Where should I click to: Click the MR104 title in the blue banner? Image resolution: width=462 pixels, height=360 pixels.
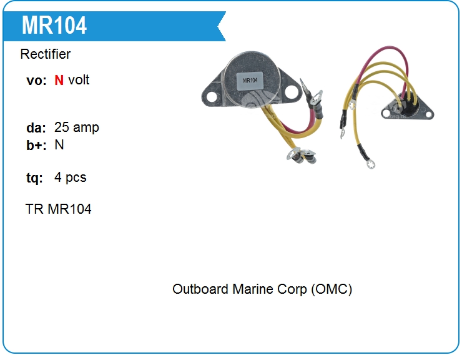click(54, 25)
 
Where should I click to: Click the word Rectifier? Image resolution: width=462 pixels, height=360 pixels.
click(46, 54)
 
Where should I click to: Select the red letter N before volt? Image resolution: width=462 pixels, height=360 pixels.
click(59, 80)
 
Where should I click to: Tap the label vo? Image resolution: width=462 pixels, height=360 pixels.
click(36, 81)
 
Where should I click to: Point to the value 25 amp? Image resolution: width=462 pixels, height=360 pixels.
click(77, 127)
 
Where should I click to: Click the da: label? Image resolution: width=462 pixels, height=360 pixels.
click(36, 128)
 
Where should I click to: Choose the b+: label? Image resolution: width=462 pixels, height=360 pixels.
click(36, 146)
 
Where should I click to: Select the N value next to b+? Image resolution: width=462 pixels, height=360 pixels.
click(59, 145)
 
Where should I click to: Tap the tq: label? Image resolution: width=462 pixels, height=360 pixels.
click(34, 178)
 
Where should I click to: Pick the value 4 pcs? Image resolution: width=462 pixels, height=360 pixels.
click(71, 177)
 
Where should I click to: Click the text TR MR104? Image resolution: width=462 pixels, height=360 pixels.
click(59, 209)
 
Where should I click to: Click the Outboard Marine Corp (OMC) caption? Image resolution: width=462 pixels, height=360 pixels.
click(262, 289)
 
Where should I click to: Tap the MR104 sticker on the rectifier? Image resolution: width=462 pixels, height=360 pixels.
click(250, 81)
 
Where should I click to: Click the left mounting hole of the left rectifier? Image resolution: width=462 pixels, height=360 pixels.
click(210, 96)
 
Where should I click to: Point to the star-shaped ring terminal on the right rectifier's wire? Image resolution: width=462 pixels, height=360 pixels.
click(368, 166)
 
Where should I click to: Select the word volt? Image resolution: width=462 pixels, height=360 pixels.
click(79, 80)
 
